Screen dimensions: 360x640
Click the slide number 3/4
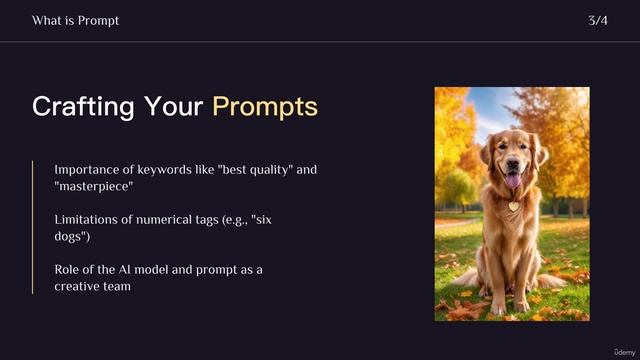[598, 20]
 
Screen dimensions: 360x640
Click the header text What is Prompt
[75, 20]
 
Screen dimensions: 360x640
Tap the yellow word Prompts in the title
[265, 107]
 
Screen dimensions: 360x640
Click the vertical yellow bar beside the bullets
[33, 227]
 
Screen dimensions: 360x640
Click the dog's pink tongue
[513, 181]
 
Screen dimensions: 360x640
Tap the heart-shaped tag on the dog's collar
[514, 207]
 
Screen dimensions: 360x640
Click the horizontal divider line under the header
[320, 42]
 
